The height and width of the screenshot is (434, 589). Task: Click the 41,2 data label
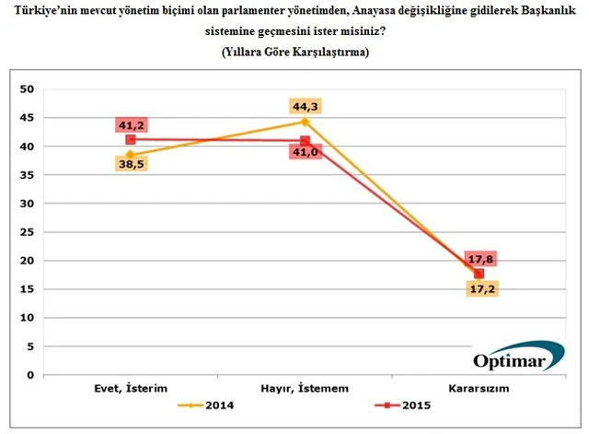(x=131, y=124)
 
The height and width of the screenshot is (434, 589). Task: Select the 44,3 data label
(x=305, y=106)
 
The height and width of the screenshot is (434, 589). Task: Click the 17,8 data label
(x=479, y=259)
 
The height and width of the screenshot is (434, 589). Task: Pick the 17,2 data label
(x=479, y=289)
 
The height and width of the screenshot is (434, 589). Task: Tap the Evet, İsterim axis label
(x=131, y=389)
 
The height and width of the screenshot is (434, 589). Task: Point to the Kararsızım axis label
(x=479, y=389)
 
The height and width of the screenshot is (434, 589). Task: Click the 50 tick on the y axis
(x=27, y=89)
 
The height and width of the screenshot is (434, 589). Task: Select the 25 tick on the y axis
(x=27, y=232)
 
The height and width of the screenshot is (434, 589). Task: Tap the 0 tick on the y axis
(x=29, y=375)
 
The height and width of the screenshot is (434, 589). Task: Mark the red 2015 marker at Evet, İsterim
(x=131, y=139)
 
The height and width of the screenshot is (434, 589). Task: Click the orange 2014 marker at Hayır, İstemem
(x=305, y=122)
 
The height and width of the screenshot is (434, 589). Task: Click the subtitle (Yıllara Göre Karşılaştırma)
(x=295, y=53)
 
